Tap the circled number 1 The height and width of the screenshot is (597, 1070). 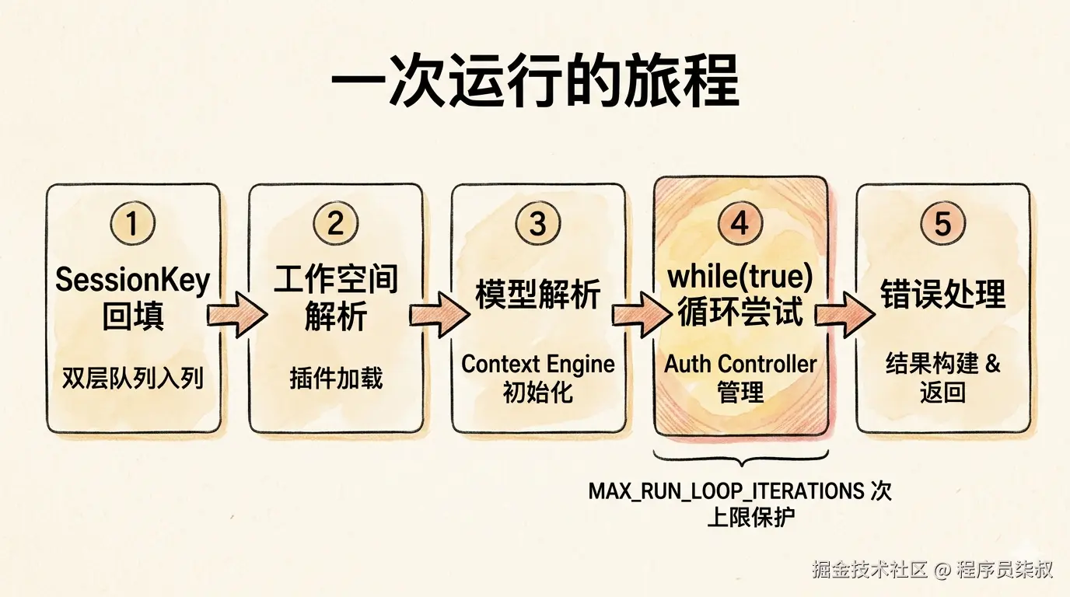[x=133, y=223]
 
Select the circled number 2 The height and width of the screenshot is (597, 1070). [x=335, y=223]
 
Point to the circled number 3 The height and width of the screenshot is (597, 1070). [x=538, y=223]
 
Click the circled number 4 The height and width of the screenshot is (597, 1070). [x=740, y=223]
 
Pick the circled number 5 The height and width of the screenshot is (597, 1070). [x=943, y=223]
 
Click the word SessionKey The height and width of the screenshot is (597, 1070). [x=133, y=281]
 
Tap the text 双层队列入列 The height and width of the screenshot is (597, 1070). [x=133, y=379]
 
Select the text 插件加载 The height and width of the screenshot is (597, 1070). [x=336, y=379]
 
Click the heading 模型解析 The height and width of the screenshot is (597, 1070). [x=538, y=295]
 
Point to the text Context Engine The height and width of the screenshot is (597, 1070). [x=538, y=364]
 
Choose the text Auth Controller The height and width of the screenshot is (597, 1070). [x=740, y=364]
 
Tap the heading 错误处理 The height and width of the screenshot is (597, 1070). [x=943, y=294]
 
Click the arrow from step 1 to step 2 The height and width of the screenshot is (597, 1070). [x=237, y=316]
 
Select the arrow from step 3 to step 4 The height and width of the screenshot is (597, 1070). [x=642, y=316]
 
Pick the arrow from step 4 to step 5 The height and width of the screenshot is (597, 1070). [x=844, y=316]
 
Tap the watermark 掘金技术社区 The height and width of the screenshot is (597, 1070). [x=869, y=569]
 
